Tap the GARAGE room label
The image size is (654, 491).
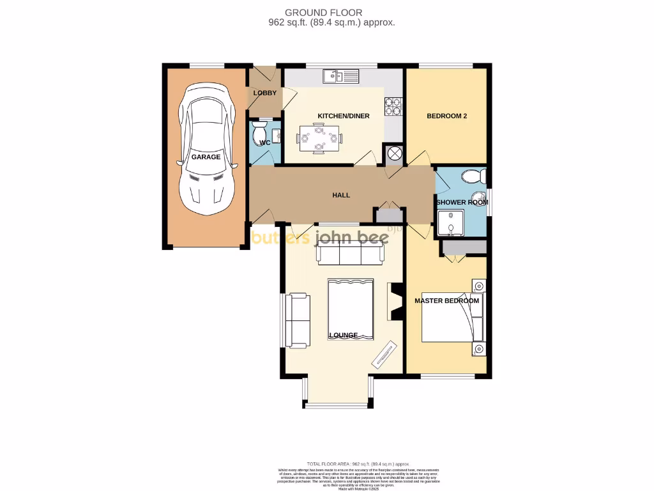pyautogui.click(x=206, y=157)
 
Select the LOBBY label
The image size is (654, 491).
pyautogui.click(x=265, y=93)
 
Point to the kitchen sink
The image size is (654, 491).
pyautogui.click(x=341, y=77)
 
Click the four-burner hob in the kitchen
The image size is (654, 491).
pyautogui.click(x=393, y=105)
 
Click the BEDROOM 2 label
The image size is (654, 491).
pyautogui.click(x=447, y=116)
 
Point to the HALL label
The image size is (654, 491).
pyautogui.click(x=341, y=195)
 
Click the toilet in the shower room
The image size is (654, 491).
pyautogui.click(x=473, y=176)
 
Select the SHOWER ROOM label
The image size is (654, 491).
pyautogui.click(x=462, y=202)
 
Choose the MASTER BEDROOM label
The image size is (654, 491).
pyautogui.click(x=446, y=300)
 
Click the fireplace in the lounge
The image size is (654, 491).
pyautogui.click(x=395, y=301)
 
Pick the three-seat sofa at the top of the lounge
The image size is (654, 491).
pyautogui.click(x=350, y=254)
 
